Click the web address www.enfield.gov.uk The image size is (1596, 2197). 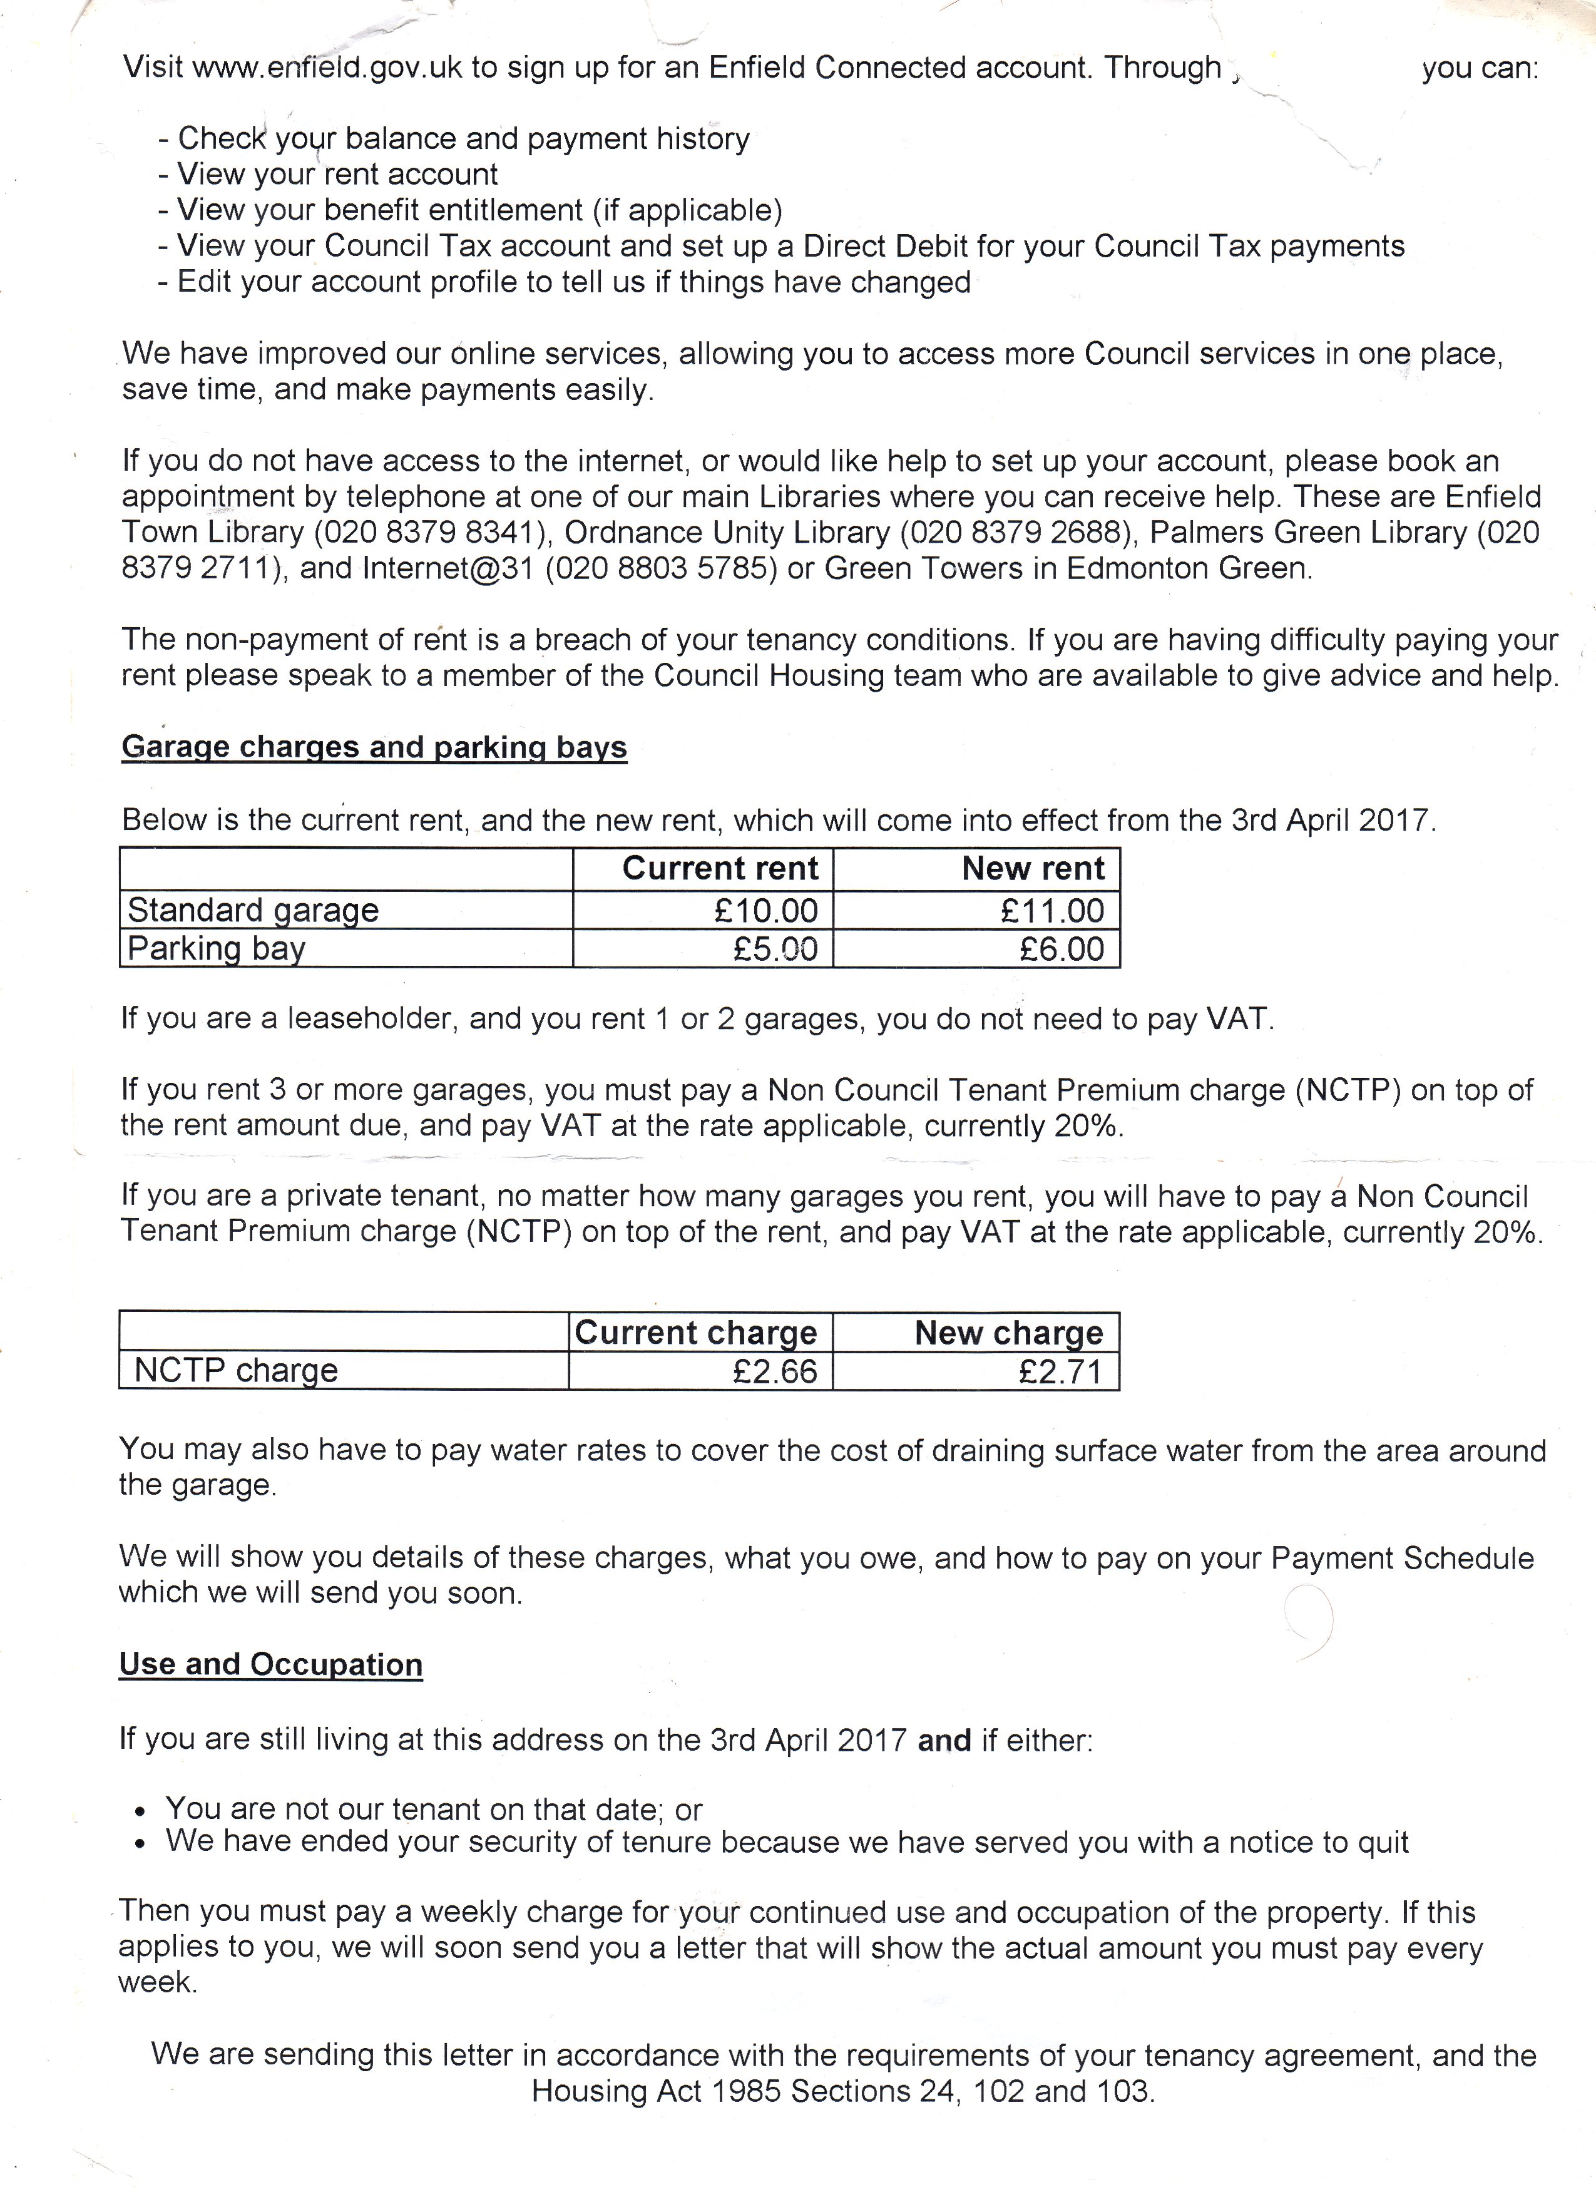(x=327, y=68)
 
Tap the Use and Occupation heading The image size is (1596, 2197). (x=270, y=1664)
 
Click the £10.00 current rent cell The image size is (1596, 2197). (x=765, y=911)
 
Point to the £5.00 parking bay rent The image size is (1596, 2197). (x=775, y=948)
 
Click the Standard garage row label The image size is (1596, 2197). (x=253, y=911)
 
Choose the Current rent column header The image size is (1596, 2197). (x=720, y=868)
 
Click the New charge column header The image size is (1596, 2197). (x=1008, y=1333)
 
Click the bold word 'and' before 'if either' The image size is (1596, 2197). (x=944, y=1741)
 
